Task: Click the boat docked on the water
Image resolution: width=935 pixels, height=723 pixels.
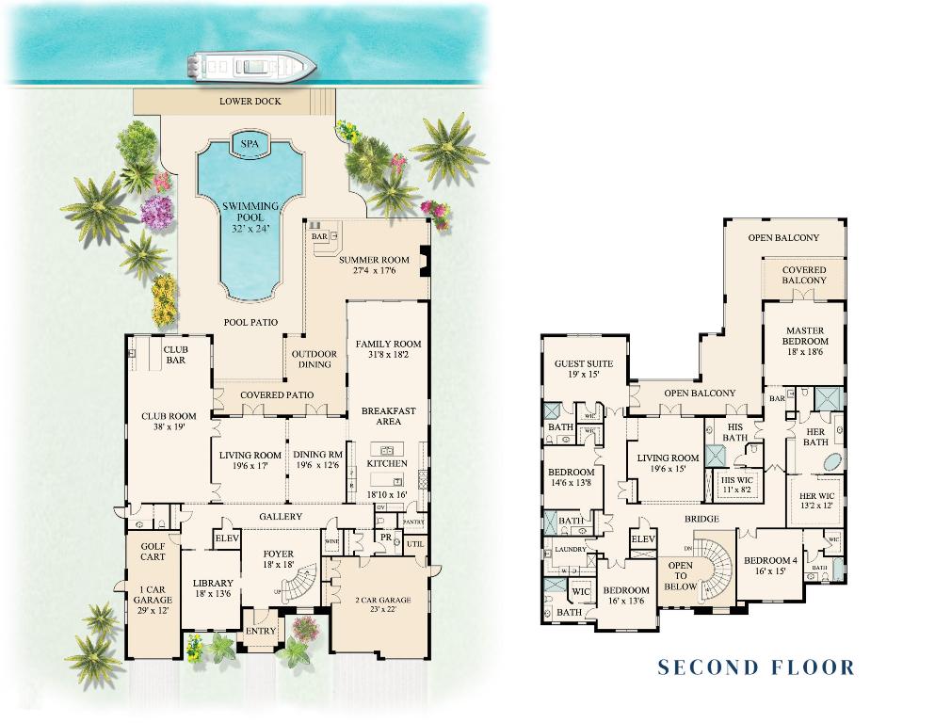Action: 250,66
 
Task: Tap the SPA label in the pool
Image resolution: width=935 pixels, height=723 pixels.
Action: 250,144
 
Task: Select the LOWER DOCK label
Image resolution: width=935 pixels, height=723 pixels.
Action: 250,102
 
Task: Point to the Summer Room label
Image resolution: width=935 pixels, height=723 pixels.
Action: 375,265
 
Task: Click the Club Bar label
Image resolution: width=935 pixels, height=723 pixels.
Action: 176,355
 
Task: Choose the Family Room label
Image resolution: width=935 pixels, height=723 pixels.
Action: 388,350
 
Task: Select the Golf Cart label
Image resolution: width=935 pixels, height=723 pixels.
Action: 153,552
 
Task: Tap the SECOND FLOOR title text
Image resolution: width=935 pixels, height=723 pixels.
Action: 756,667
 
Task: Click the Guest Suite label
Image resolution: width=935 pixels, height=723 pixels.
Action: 584,368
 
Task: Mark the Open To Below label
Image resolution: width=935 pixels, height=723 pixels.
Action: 680,576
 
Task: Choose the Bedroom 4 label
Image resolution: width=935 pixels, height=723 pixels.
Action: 770,565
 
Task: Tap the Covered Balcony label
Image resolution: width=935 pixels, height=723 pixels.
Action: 804,275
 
